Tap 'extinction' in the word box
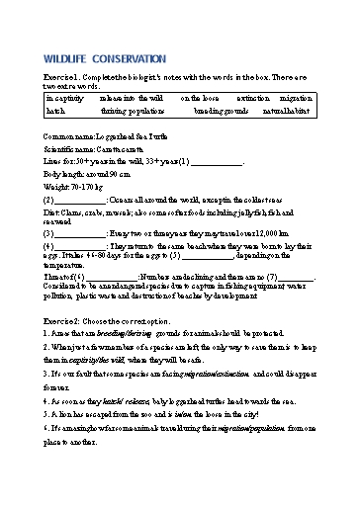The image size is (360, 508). point(255,100)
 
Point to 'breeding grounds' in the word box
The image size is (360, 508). point(227,112)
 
